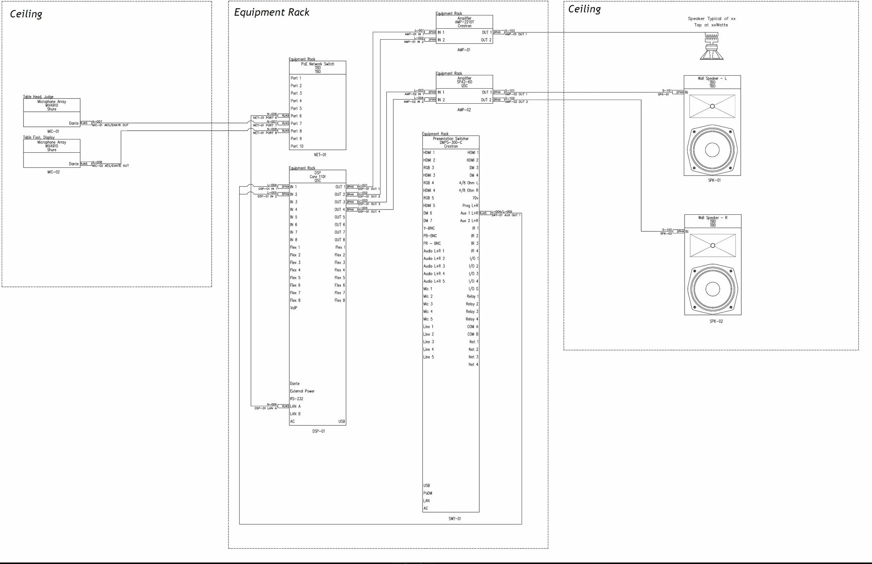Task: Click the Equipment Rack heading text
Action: (x=272, y=13)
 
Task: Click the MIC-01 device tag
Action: (x=53, y=131)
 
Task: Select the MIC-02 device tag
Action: (x=53, y=172)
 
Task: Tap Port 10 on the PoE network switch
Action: (x=297, y=146)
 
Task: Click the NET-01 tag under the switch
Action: (x=320, y=155)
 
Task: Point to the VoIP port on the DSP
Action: (x=294, y=308)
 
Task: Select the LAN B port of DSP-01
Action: (x=295, y=414)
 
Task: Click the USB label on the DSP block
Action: (x=341, y=421)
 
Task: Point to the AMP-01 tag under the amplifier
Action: (x=464, y=50)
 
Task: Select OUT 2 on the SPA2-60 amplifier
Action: (x=486, y=100)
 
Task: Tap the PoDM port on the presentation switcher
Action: (x=428, y=493)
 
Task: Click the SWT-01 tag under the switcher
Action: (x=454, y=519)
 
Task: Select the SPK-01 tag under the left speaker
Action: (x=714, y=180)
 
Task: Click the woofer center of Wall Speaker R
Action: (x=713, y=289)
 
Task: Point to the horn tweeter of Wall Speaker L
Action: (x=712, y=106)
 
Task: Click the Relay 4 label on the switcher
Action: (x=472, y=319)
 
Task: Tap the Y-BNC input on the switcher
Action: (x=429, y=228)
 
